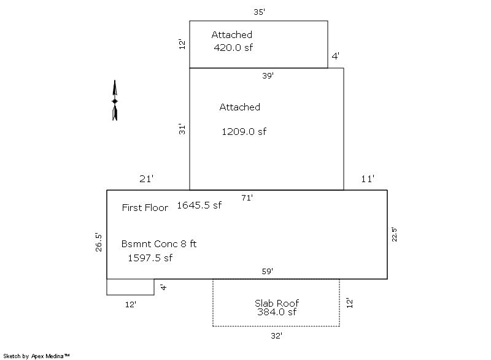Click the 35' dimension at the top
(259, 12)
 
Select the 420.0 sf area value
(233, 48)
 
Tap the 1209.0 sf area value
(244, 132)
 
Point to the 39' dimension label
(268, 75)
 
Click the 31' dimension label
(182, 129)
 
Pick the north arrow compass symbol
(115, 101)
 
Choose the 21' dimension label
(146, 179)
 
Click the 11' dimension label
(368, 179)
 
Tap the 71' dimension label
(247, 197)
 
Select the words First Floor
(145, 208)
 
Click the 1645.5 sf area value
(199, 205)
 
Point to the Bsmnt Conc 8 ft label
(159, 243)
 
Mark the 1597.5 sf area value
(150, 258)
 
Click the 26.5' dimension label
(99, 242)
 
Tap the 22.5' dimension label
(394, 234)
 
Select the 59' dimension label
(268, 271)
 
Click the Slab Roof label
(277, 303)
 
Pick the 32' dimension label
(277, 336)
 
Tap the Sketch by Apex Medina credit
(36, 356)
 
